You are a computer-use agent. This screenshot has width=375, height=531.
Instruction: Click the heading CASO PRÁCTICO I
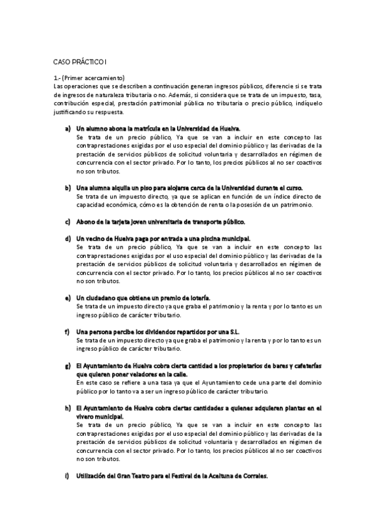[x=80, y=63]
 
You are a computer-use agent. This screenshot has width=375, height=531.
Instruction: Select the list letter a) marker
[x=68, y=128]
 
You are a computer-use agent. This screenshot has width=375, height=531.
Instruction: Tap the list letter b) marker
[x=68, y=187]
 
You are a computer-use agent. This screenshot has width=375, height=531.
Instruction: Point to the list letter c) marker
[x=68, y=222]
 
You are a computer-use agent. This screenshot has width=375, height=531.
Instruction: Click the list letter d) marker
[x=68, y=239]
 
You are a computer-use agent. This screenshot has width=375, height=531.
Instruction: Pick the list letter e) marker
[x=68, y=297]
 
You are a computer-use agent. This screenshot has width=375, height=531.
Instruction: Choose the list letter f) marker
[x=67, y=331]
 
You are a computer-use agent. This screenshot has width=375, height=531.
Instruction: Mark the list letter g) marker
[x=68, y=365]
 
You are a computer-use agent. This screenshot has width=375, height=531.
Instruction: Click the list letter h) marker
[x=68, y=408]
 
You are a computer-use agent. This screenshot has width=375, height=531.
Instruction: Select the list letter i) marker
[x=67, y=476]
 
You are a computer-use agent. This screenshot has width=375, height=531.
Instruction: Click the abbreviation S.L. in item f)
[x=235, y=331]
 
